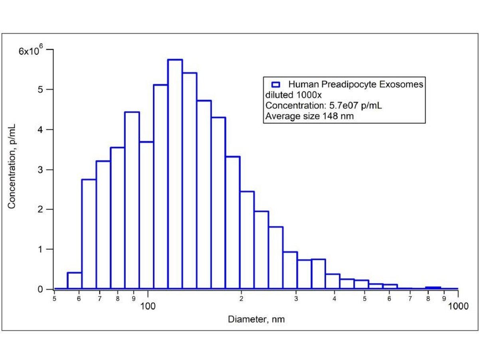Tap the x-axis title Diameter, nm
coord(257,319)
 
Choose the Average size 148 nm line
coord(310,117)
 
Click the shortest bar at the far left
coord(75,280)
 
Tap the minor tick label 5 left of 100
coord(54,298)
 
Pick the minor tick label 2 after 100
coord(241,298)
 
